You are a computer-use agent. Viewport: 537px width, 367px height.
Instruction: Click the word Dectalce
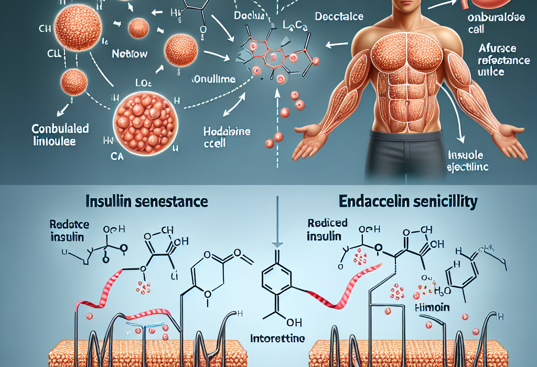click(x=339, y=16)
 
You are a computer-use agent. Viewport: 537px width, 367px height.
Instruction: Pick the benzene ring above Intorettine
click(x=275, y=284)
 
